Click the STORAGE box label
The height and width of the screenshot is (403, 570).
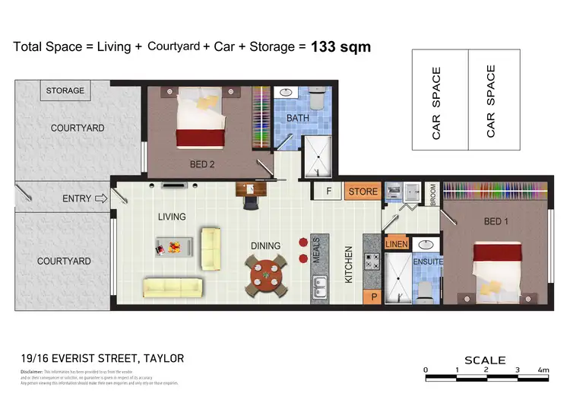coord(65,90)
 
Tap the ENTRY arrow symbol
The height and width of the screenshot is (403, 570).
coord(100,199)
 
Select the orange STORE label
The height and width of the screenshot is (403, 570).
coord(363,192)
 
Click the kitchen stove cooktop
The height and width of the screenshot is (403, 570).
coord(372,263)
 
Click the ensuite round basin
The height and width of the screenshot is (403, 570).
coord(426,245)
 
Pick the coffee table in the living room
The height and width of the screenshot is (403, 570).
coord(173,246)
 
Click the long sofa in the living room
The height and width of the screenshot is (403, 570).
coord(173,287)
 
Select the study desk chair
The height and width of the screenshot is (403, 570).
coord(251,201)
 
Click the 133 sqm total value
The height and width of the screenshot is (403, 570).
coord(341,46)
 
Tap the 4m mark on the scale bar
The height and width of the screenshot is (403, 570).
coord(543,370)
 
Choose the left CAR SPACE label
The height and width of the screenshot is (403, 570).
coord(437,102)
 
